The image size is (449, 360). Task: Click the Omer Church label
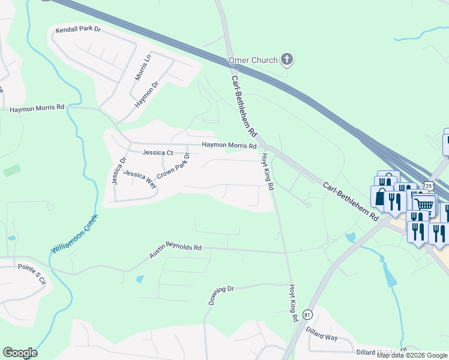253,60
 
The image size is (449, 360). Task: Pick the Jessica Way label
140,179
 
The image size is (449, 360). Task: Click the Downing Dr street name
221,295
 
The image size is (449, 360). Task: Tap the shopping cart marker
424,205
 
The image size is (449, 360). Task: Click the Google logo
20,353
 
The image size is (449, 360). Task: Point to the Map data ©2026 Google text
412,355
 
